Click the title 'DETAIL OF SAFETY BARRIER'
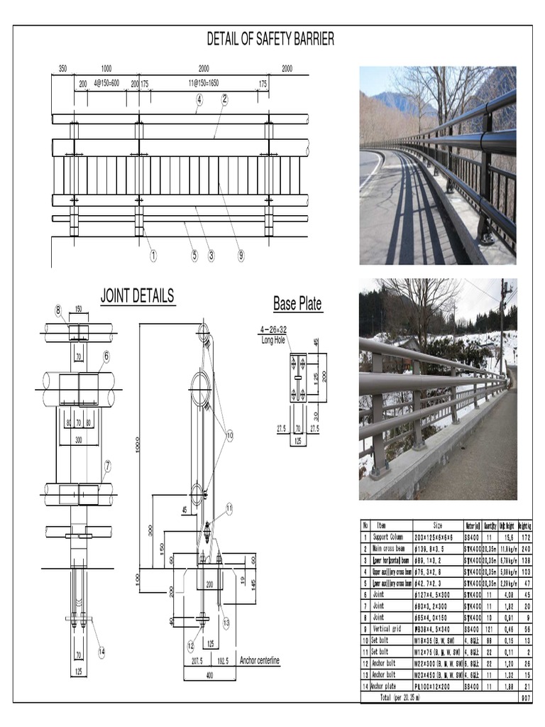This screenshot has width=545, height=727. coord(270,40)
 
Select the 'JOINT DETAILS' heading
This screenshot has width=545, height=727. coord(137,296)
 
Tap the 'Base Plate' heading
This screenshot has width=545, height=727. coord(297,304)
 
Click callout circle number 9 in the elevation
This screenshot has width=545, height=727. coord(241,256)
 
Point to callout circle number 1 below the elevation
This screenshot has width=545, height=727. coord(153,256)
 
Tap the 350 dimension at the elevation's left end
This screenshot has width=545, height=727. coord(62,69)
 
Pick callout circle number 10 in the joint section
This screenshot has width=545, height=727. coord(229,434)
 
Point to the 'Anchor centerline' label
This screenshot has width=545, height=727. coord(259,661)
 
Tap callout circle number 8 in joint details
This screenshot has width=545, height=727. coord(58,310)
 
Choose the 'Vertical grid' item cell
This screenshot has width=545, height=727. coord(387,628)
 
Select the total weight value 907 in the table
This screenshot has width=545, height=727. coord(525,698)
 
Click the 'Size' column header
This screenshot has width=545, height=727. coord(438,525)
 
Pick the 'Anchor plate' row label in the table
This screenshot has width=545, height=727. coord(384,687)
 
